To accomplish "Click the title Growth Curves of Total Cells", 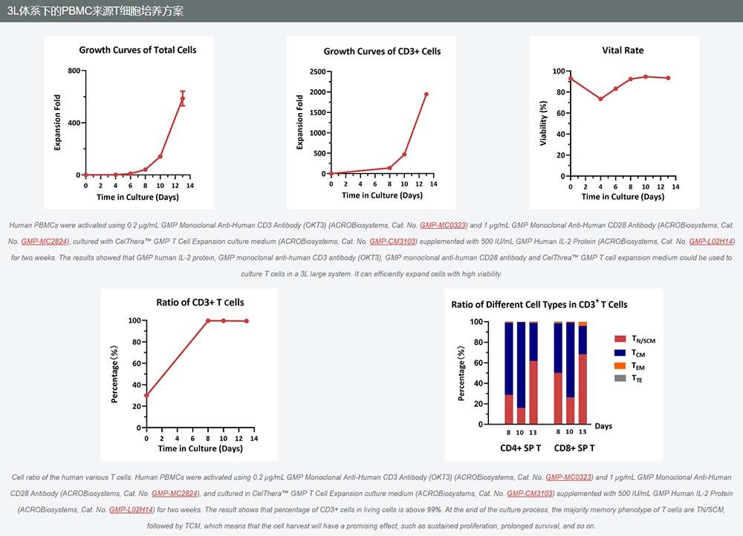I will (137, 50).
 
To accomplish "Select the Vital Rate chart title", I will (623, 51).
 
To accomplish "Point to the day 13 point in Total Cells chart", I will (182, 98).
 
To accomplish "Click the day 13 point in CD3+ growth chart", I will (426, 94).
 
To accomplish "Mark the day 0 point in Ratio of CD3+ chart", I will (146, 395).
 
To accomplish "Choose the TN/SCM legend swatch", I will (620, 339).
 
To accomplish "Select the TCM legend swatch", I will (620, 352).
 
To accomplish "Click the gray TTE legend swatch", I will (620, 378).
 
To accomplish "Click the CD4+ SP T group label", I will (520, 448).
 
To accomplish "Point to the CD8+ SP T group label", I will (571, 448).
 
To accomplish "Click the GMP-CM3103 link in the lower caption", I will (531, 493).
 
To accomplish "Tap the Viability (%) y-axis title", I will (543, 123).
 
